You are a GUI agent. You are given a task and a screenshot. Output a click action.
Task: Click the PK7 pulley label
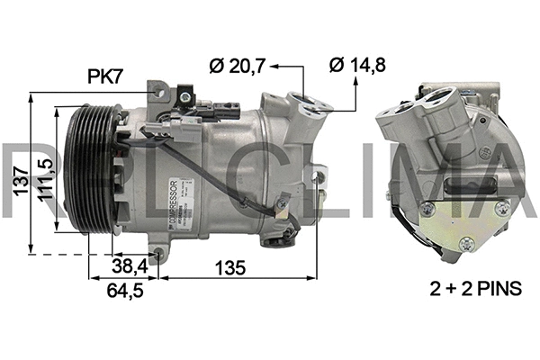pos(106,77)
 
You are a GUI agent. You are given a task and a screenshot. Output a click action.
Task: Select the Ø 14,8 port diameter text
pos(359,65)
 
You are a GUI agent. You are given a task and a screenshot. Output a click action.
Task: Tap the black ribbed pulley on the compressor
pos(86,171)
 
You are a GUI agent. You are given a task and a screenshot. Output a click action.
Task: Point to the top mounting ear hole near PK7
pos(161,91)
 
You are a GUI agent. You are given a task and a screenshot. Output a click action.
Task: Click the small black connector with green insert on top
pos(185,93)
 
